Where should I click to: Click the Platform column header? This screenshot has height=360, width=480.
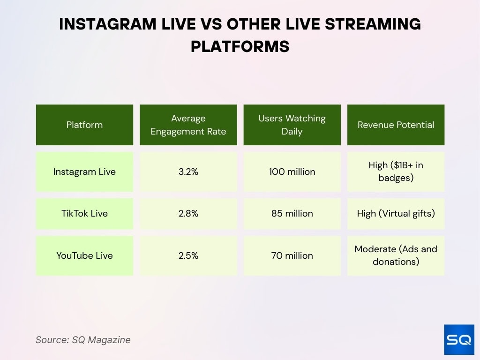tap(84, 125)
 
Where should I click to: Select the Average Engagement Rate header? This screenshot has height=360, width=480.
tap(188, 125)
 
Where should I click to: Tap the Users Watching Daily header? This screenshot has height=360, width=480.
tap(292, 125)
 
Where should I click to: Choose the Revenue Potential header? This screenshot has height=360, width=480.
tap(396, 125)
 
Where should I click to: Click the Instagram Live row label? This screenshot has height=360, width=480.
tap(84, 172)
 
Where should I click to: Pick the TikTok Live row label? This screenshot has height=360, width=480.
tap(84, 213)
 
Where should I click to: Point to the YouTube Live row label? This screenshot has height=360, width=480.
tap(84, 255)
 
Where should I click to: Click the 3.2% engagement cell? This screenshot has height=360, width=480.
tap(188, 172)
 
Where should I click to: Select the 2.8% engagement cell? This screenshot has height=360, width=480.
tap(188, 213)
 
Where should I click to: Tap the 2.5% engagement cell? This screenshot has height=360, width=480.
tap(188, 255)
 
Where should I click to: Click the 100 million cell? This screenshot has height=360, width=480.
tap(292, 172)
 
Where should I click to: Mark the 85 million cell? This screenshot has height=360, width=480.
tap(292, 213)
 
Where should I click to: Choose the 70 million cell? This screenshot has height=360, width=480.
tap(292, 255)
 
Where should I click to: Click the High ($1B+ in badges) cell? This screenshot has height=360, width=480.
tap(396, 172)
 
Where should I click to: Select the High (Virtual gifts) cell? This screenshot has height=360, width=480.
tap(396, 213)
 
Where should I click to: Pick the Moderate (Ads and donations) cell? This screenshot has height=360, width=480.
tap(396, 255)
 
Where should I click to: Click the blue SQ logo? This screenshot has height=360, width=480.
tap(459, 339)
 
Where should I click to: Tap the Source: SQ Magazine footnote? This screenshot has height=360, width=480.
tap(83, 340)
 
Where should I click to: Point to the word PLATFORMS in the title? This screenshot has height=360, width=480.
tap(240, 47)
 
